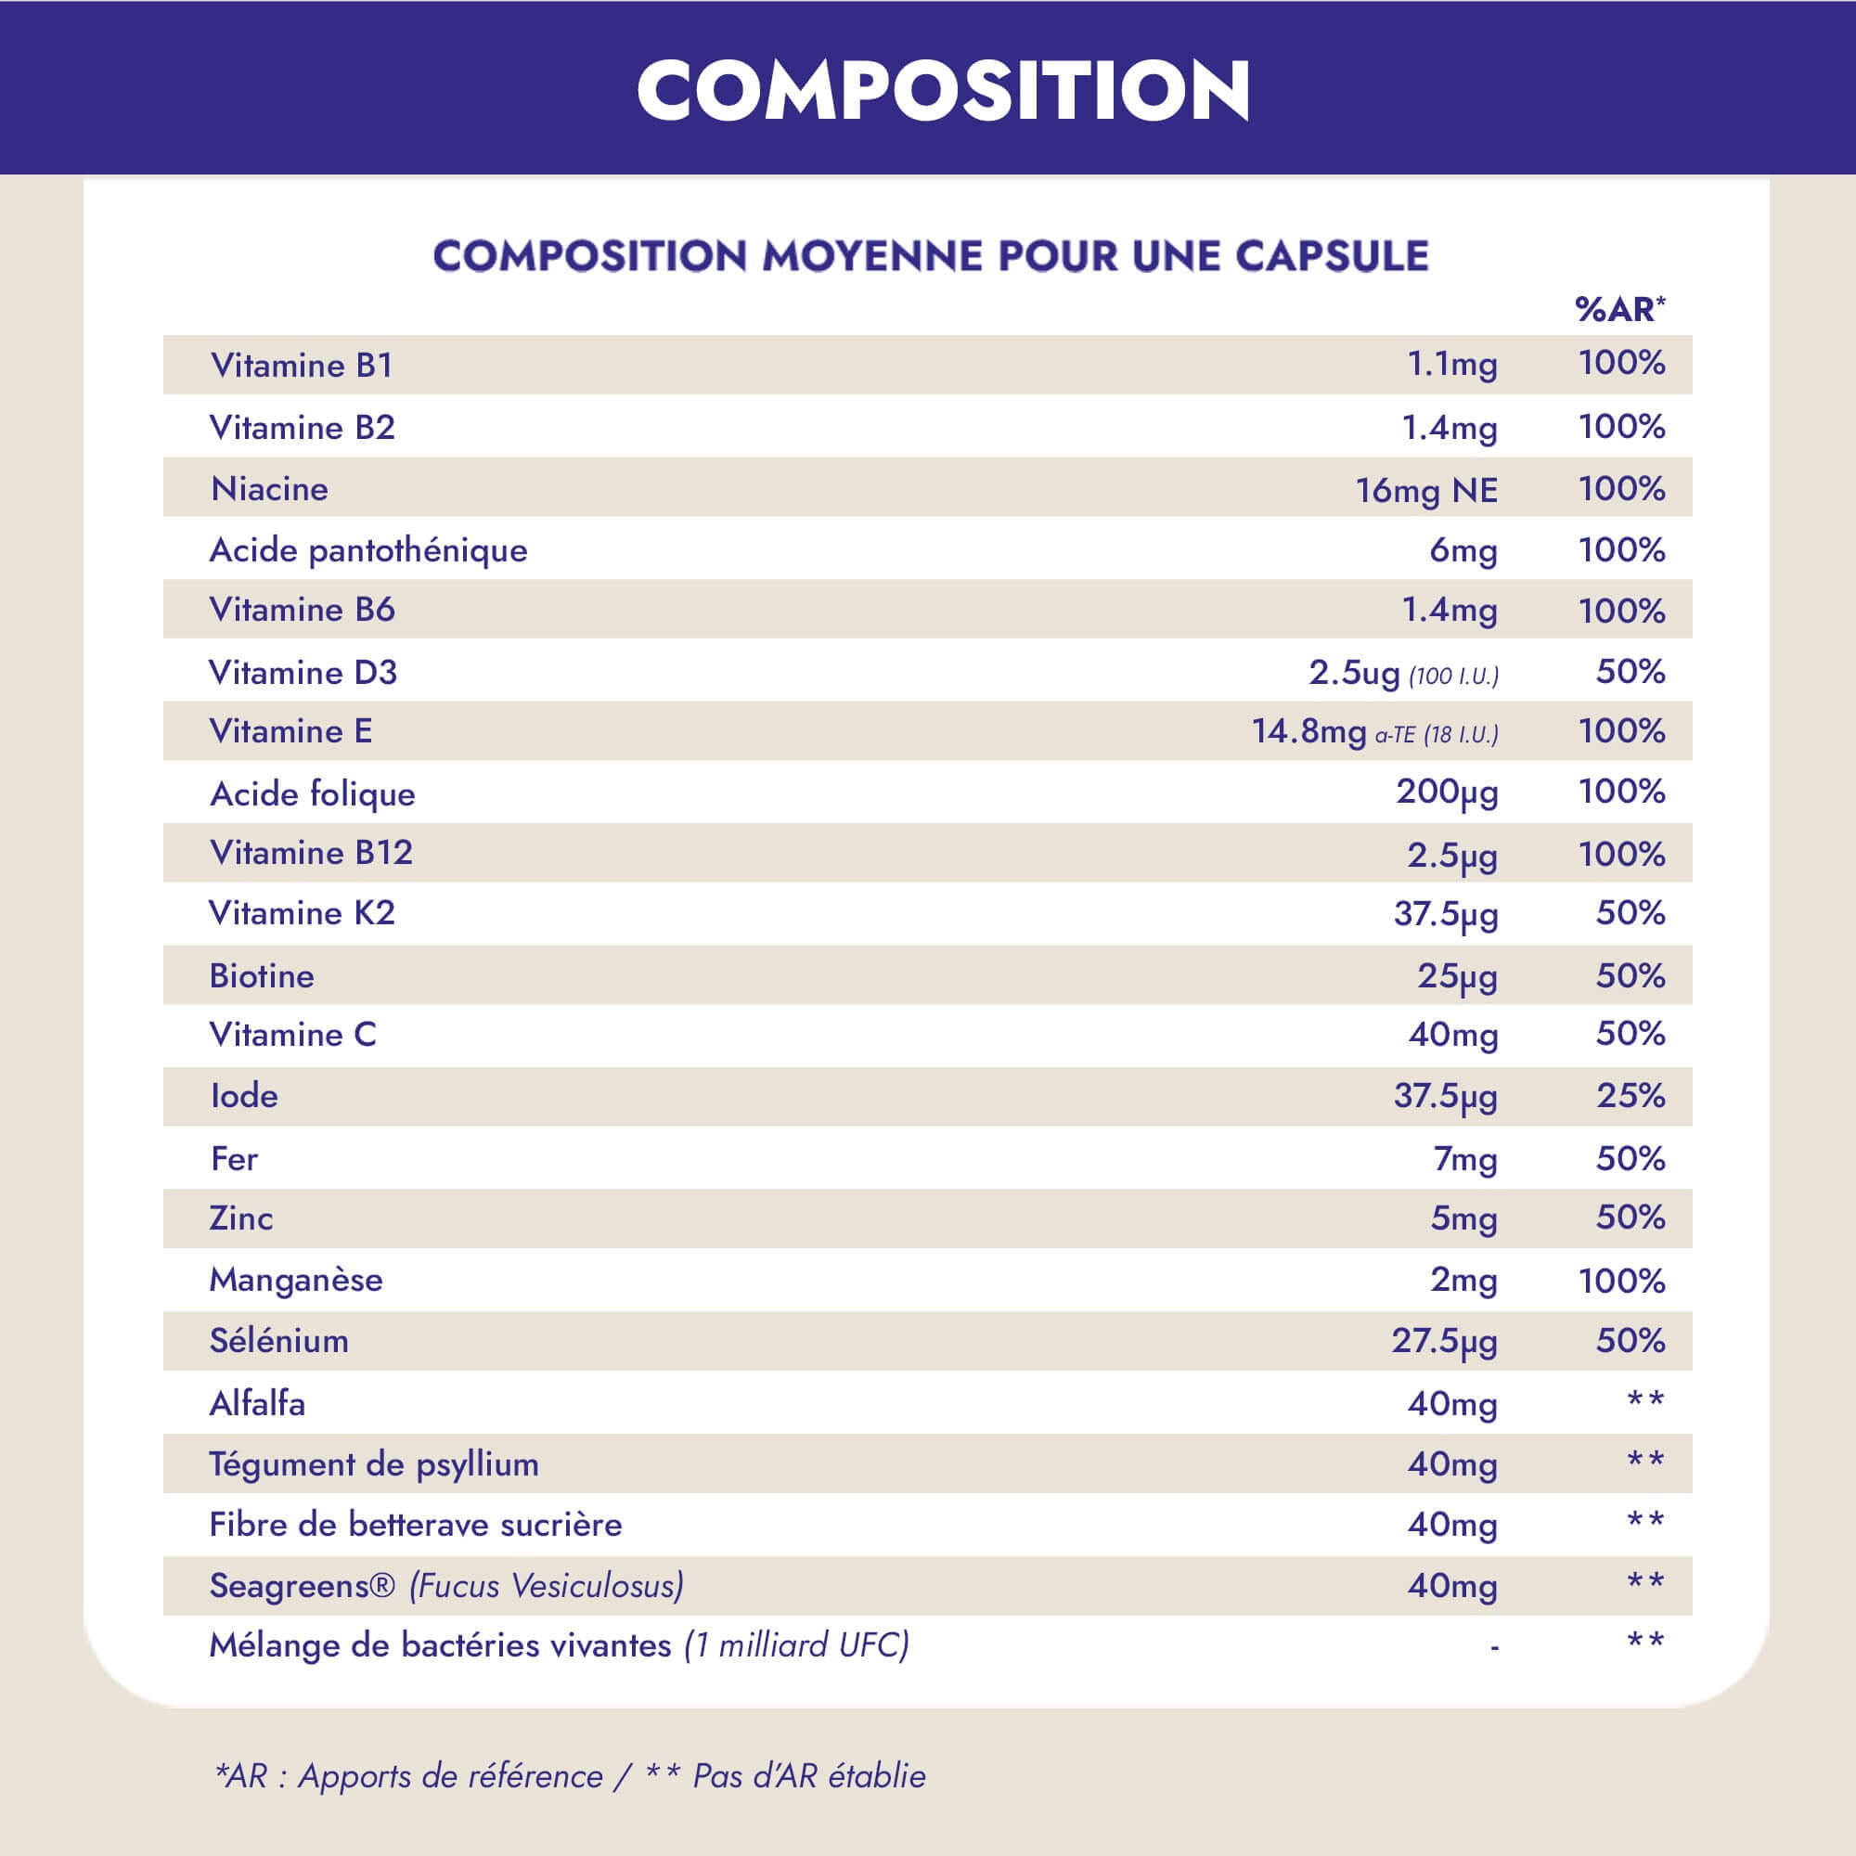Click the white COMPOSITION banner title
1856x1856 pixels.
[x=943, y=89]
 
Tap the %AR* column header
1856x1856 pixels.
[x=1619, y=309]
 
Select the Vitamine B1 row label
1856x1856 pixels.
[x=302, y=365]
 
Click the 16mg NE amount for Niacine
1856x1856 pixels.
[x=1425, y=490]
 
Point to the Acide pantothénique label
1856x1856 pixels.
[x=367, y=550]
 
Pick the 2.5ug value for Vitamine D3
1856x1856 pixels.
[x=1354, y=673]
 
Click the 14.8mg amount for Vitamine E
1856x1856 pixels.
[x=1308, y=732]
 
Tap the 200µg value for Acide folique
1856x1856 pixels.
[x=1447, y=793]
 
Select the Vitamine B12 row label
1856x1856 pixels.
[x=311, y=853]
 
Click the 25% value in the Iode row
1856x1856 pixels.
[x=1630, y=1095]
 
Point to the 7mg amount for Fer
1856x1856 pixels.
[x=1465, y=1159]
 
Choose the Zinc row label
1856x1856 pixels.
[x=241, y=1218]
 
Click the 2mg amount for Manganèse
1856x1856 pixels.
[x=1463, y=1280]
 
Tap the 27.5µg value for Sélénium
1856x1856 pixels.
[x=1444, y=1341]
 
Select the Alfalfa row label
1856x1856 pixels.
[x=257, y=1403]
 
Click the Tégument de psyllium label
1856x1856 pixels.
[x=374, y=1464]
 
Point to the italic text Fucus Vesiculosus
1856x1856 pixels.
[x=547, y=1586]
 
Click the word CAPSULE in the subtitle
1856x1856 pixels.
[x=1332, y=256]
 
